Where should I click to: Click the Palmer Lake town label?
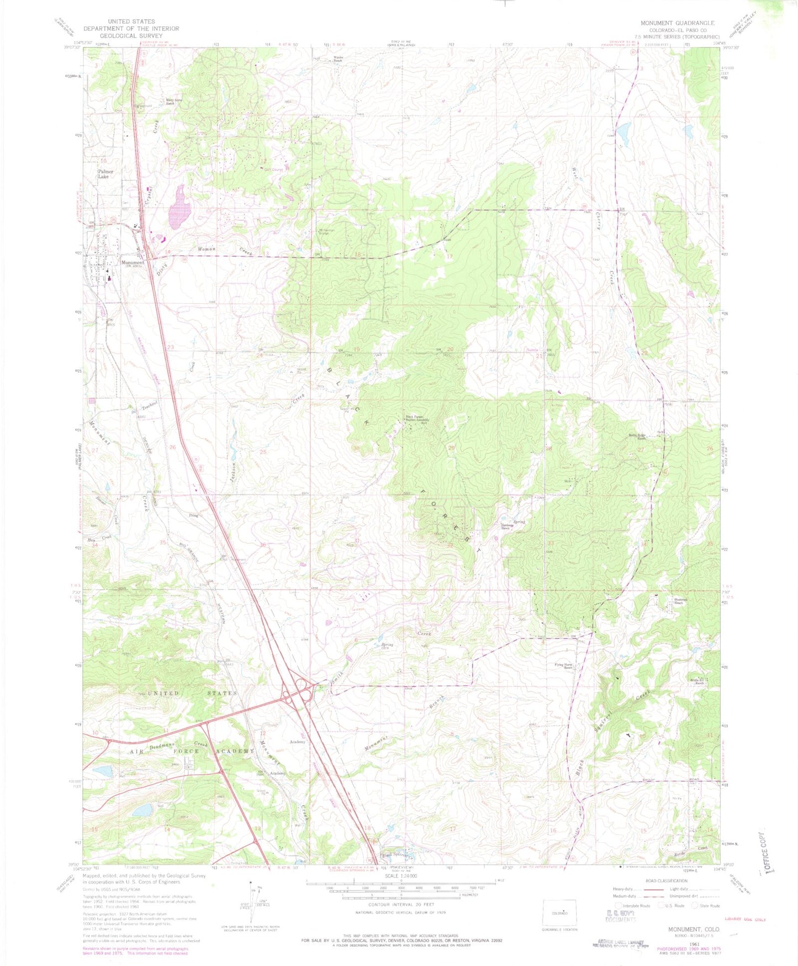pyautogui.click(x=105, y=174)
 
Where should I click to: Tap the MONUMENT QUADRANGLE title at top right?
pyautogui.click(x=677, y=23)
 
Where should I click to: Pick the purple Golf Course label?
pyautogui.click(x=274, y=170)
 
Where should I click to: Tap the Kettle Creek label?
pyautogui.click(x=701, y=849)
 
